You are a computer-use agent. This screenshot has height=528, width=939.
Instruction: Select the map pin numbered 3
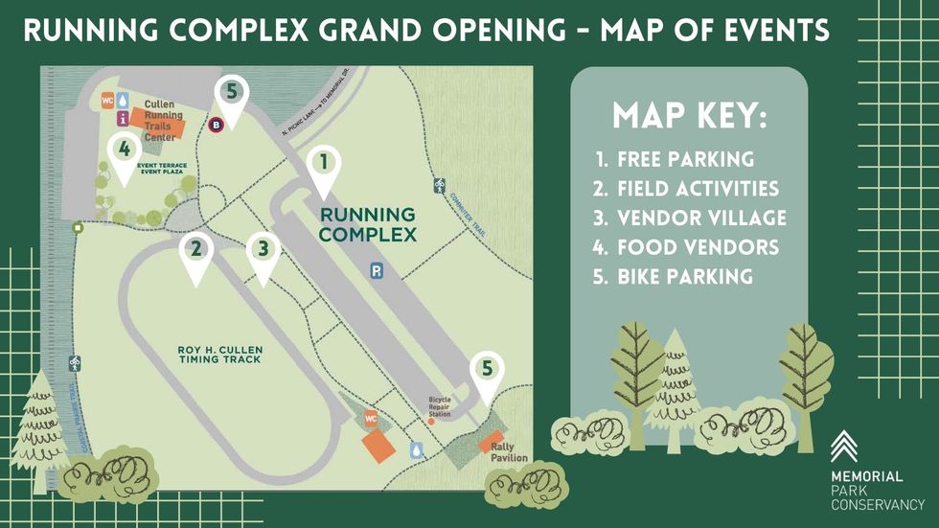point(263,252)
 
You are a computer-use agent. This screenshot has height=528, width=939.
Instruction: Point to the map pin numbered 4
point(122,152)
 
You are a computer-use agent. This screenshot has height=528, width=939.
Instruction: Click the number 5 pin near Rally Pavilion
point(488,372)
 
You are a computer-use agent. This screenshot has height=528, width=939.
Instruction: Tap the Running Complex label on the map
point(368,224)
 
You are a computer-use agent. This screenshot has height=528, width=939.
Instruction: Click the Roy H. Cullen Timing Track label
point(219,355)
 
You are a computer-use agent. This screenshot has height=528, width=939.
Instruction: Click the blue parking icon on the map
point(377,272)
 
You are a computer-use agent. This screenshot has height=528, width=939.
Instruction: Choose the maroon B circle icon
point(217,124)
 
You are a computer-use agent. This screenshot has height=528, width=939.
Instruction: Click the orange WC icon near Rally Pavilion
point(371,419)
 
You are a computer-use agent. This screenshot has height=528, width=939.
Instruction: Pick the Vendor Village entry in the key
point(690,218)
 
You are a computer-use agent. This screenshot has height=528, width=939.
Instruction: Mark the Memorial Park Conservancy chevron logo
point(845,447)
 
